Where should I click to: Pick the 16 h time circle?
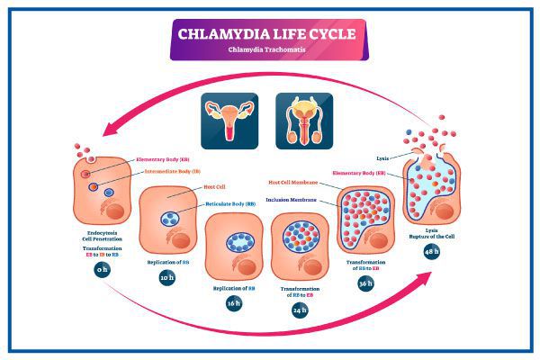233,302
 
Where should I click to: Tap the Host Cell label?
213,186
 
